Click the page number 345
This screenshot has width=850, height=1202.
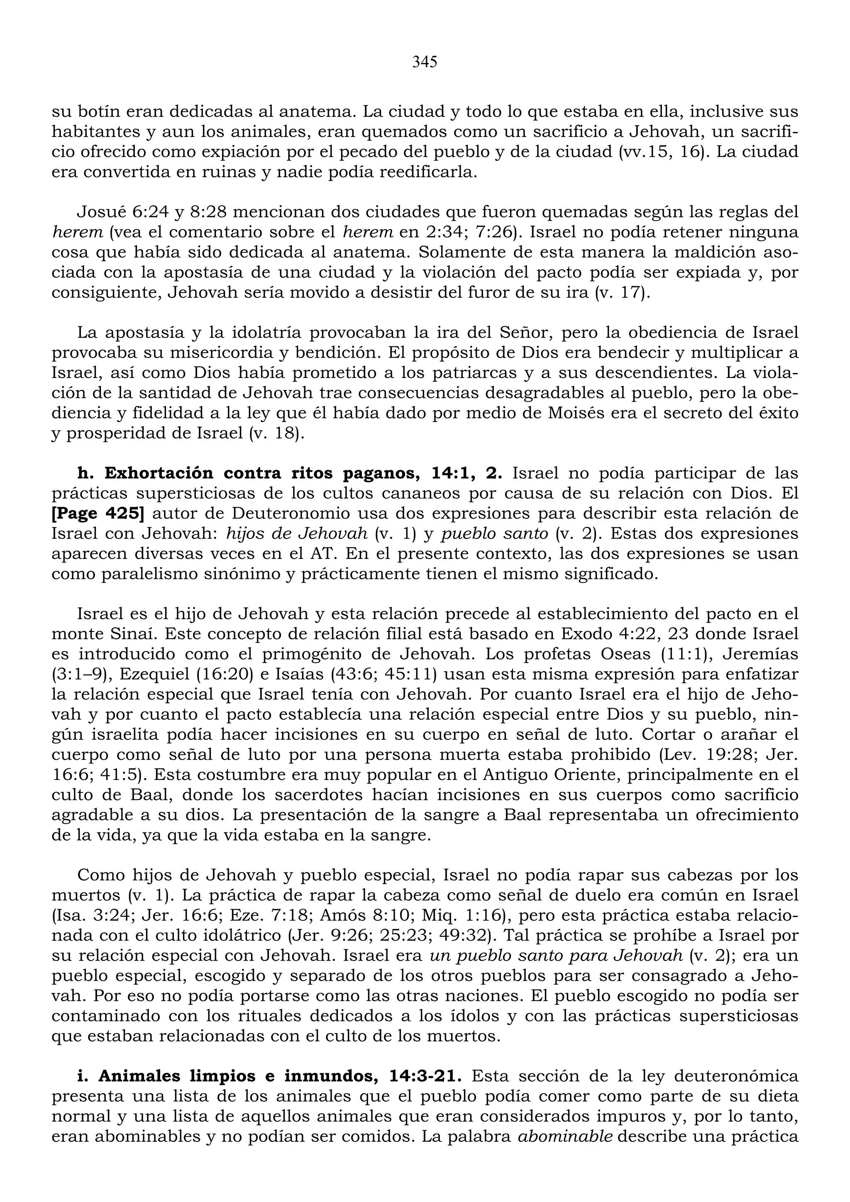pos(424,62)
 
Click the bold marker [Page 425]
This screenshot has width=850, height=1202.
pos(98,514)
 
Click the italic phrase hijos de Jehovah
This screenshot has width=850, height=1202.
pos(297,534)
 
